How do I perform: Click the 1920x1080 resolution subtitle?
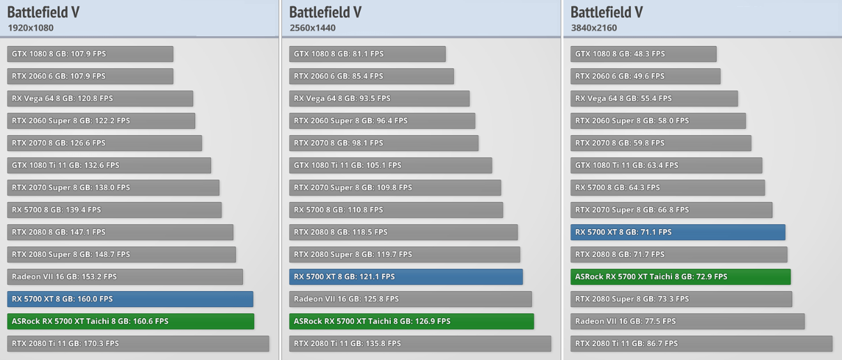click(31, 28)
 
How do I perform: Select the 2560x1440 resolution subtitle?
click(313, 28)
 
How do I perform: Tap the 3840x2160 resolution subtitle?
click(593, 28)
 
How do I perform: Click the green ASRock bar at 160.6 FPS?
click(131, 321)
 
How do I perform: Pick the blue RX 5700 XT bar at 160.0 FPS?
click(130, 299)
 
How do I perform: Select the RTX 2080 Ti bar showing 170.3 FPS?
click(138, 343)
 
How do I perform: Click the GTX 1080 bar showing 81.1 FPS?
click(367, 54)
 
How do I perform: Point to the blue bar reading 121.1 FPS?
click(406, 276)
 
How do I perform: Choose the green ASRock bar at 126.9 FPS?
click(412, 321)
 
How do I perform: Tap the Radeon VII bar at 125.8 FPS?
click(410, 299)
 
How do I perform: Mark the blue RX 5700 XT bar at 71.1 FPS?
click(678, 232)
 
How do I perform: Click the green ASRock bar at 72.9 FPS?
click(680, 276)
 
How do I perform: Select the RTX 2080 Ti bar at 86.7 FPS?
click(701, 343)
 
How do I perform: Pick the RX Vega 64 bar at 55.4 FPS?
click(654, 98)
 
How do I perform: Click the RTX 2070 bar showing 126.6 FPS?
click(104, 143)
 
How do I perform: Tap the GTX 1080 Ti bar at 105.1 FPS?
click(390, 165)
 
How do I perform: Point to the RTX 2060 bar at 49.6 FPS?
click(646, 76)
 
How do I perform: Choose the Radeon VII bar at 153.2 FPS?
click(125, 276)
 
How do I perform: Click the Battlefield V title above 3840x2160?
click(606, 12)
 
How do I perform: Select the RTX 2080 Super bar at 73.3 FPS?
click(681, 299)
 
